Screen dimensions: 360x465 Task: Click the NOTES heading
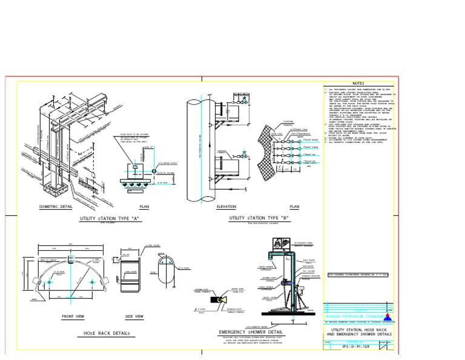pos(358,84)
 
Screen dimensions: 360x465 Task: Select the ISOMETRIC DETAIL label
pos(55,207)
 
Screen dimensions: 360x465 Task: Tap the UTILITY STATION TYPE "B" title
pos(259,217)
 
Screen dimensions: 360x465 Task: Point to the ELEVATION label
pos(226,207)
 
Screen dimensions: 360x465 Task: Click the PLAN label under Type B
pos(295,207)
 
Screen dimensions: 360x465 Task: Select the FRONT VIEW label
pos(73,316)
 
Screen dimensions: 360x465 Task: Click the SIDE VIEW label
pos(134,316)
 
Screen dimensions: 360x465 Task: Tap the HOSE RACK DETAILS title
pos(106,333)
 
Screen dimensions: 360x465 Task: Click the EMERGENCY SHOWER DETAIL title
pos(251,332)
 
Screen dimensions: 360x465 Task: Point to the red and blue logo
pos(387,316)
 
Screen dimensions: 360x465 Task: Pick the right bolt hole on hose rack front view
pos(90,282)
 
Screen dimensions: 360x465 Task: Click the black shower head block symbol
pos(214,299)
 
